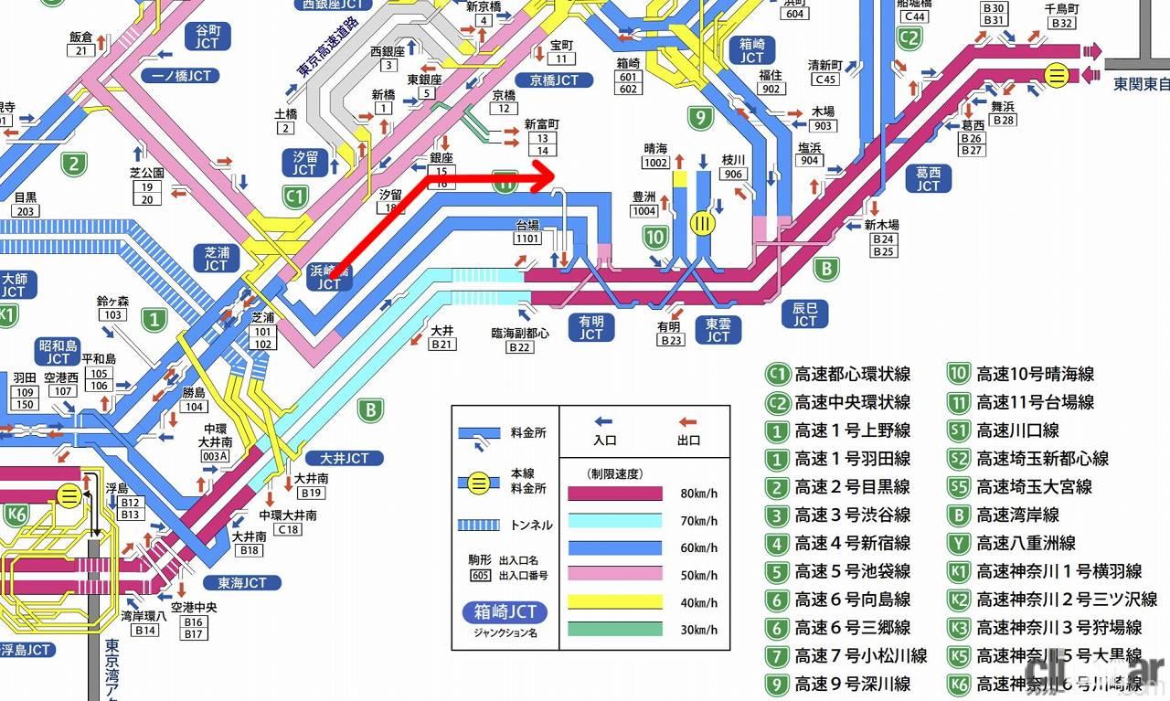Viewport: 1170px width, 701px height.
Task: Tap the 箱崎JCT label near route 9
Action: click(751, 49)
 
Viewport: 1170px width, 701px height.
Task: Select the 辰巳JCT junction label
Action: click(804, 313)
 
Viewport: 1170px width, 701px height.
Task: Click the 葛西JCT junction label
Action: click(928, 178)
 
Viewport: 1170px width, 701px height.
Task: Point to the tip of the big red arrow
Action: click(555, 176)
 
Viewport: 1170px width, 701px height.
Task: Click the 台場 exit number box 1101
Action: click(527, 239)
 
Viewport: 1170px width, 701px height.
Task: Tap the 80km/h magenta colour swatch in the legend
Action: click(614, 494)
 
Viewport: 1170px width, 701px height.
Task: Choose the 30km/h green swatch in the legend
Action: click(614, 629)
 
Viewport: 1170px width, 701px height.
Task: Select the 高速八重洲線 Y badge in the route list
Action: click(958, 544)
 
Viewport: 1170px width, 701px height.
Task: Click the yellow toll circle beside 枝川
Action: click(703, 223)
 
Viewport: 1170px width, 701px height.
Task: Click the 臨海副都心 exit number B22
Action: click(520, 347)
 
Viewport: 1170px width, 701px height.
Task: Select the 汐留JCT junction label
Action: click(304, 163)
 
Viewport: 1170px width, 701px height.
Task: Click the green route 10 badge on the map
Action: click(654, 239)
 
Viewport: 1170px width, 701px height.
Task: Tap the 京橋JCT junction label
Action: click(548, 80)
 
